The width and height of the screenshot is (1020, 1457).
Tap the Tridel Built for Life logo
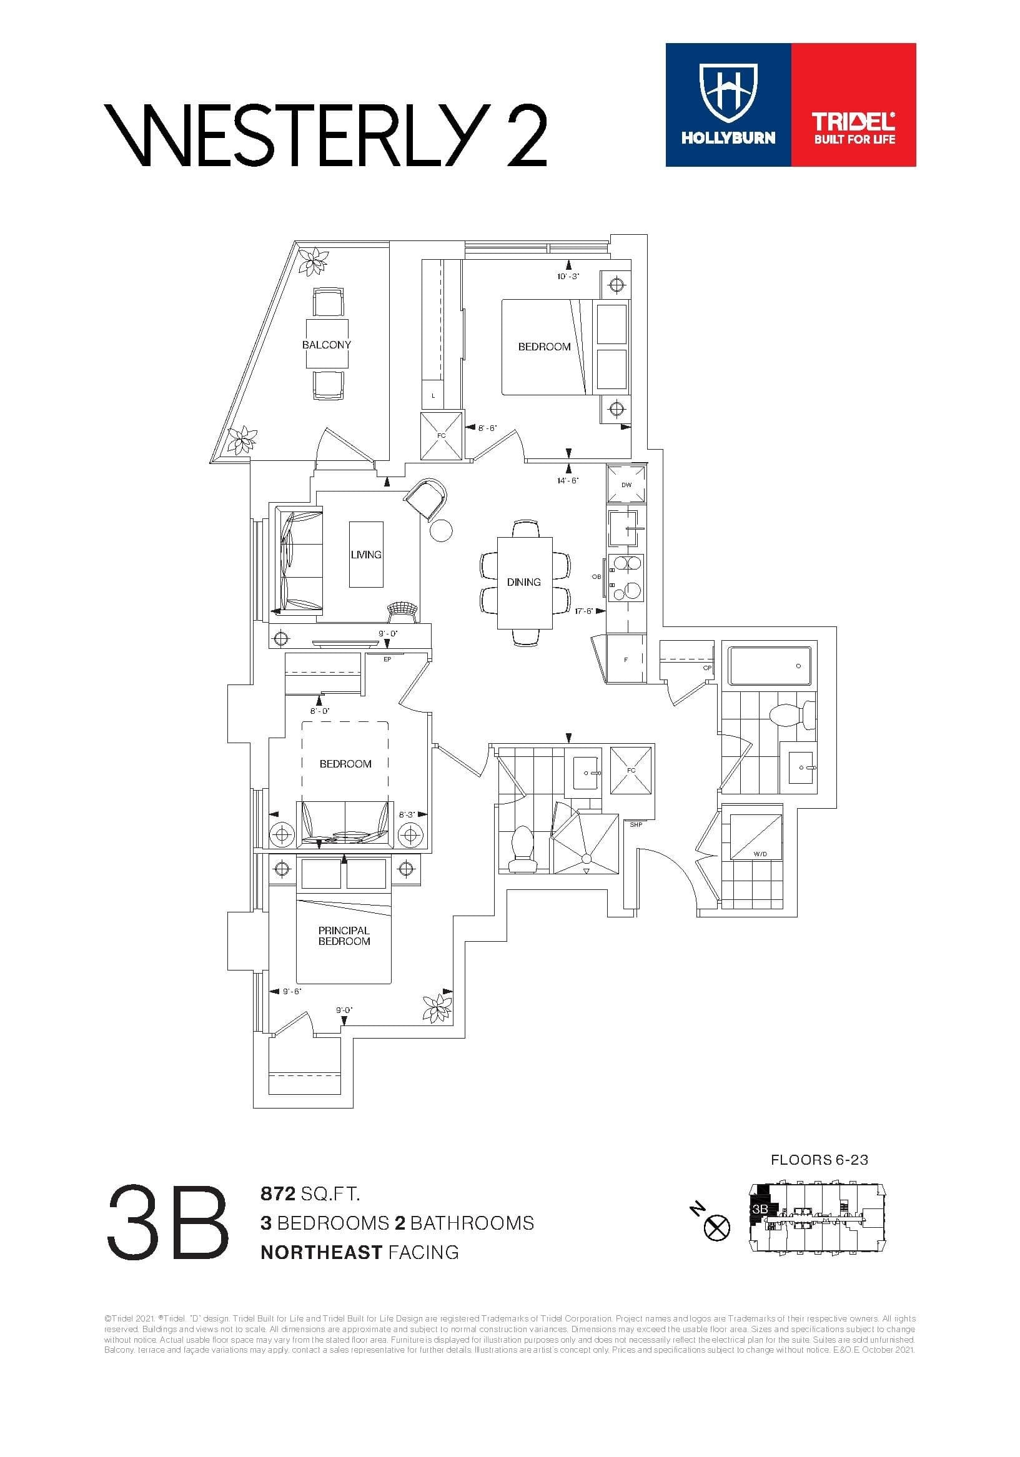click(x=854, y=127)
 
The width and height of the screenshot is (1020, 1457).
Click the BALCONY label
click(x=326, y=345)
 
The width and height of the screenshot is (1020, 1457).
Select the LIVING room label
click(x=365, y=554)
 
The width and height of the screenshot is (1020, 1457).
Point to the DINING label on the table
click(x=523, y=581)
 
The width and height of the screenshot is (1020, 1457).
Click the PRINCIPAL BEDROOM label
click(x=344, y=936)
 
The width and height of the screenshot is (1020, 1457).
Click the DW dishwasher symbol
click(x=626, y=485)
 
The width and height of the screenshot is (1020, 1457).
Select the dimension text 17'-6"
click(x=584, y=611)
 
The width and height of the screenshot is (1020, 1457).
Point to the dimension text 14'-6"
click(x=567, y=480)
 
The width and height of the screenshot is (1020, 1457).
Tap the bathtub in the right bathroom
click(x=770, y=666)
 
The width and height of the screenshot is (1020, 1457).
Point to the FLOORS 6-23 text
click(x=819, y=1159)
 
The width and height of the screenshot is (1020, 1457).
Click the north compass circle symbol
click(x=717, y=1228)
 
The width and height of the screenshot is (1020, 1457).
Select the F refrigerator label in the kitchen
click(x=625, y=660)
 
